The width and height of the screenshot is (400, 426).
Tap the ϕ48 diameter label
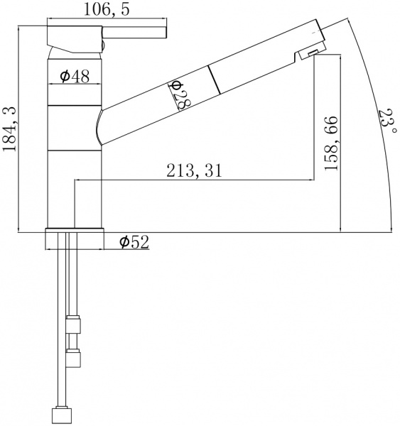(x=74, y=77)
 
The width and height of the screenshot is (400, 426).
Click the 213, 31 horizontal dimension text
(x=193, y=170)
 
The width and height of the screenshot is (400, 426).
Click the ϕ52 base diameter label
(x=134, y=243)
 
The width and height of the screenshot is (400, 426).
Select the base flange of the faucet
(x=75, y=239)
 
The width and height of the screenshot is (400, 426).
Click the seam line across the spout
(x=215, y=79)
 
